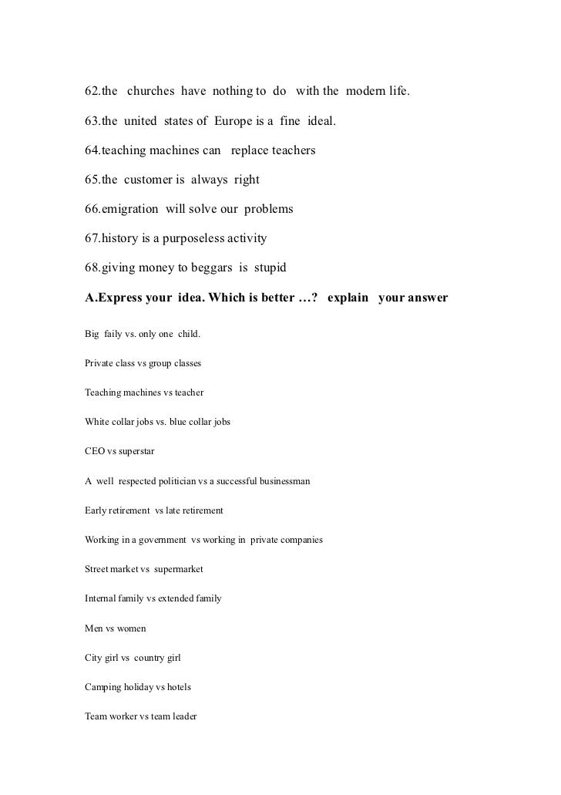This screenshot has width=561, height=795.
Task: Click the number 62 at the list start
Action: (x=92, y=93)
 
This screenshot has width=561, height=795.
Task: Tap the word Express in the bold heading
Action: (x=126, y=298)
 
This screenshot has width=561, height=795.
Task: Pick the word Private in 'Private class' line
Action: (x=99, y=363)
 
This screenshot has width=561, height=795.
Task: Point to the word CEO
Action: (x=95, y=451)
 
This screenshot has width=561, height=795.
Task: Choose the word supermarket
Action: (x=179, y=569)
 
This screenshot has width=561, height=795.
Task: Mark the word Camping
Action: (x=103, y=687)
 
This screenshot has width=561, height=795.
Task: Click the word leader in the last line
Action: (x=184, y=716)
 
